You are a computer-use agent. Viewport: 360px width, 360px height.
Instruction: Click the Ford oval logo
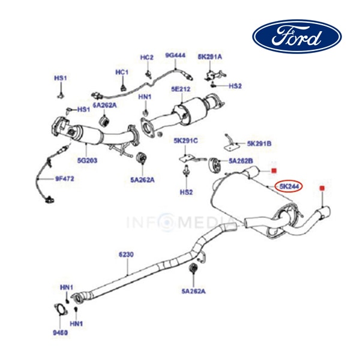pyautogui.click(x=296, y=37)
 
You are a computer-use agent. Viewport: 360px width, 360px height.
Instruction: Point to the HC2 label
pyautogui.click(x=147, y=57)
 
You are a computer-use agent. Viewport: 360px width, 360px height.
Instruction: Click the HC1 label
pyautogui.click(x=122, y=73)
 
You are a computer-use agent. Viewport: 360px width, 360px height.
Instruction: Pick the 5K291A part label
pyautogui.click(x=210, y=57)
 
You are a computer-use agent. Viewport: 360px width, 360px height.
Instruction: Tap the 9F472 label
pyautogui.click(x=65, y=178)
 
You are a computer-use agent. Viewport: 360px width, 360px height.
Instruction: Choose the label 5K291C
pyautogui.click(x=185, y=141)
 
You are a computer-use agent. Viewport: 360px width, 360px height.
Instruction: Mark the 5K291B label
pyautogui.click(x=259, y=144)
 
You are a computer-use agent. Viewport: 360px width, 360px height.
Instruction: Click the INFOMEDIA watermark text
pyautogui.click(x=180, y=223)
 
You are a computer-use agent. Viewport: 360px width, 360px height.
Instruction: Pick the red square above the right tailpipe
pyautogui.click(x=323, y=189)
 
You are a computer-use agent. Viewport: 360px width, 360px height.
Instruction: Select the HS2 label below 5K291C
pyautogui.click(x=186, y=192)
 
